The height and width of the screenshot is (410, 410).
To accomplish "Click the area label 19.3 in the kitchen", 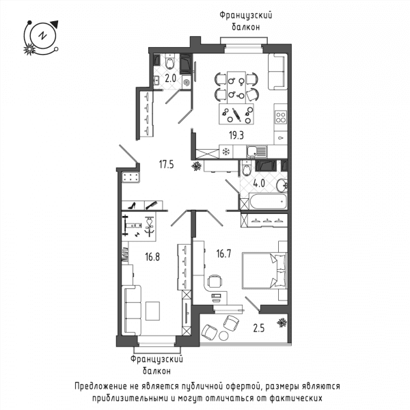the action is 236,135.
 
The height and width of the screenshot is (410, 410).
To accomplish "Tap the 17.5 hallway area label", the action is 167,165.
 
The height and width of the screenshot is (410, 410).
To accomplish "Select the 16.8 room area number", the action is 152,257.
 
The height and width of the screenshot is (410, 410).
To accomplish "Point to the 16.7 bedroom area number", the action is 224,254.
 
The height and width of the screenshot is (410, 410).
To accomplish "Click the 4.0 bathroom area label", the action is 259,183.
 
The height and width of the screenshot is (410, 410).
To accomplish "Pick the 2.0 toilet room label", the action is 170,78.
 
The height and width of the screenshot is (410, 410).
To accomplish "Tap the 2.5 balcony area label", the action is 259,328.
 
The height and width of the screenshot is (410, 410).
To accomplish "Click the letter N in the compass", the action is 42,36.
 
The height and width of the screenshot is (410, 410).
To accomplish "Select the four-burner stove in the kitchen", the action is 281,117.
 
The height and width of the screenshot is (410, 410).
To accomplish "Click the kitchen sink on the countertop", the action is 256,152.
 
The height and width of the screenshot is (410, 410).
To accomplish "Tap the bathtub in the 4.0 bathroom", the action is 269,202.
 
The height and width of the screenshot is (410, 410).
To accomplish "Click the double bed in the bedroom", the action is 265,271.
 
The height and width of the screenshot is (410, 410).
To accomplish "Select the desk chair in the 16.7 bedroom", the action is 215,281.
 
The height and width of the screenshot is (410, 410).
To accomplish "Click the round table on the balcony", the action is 223,336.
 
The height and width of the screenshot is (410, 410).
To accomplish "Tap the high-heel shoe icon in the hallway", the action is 132,206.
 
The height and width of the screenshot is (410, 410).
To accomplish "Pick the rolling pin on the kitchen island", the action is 236,115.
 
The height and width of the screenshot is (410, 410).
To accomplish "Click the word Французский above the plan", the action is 246,16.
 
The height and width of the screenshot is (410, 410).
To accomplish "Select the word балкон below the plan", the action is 157,371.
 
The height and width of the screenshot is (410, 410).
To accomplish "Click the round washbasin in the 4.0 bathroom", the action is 282,185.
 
